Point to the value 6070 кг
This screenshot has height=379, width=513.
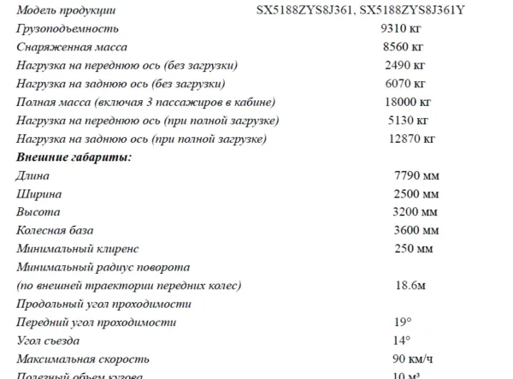405,83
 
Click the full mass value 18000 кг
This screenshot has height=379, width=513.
407,102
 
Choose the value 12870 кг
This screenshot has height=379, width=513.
411,138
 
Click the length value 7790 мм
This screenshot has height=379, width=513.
416,175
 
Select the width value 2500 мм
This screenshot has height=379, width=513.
416,193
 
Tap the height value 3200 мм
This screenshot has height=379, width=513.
416,211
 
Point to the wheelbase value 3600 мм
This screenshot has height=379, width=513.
416,230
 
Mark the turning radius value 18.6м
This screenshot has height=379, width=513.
410,285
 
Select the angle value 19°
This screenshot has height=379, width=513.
403,322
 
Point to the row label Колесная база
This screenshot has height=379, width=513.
55,230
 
